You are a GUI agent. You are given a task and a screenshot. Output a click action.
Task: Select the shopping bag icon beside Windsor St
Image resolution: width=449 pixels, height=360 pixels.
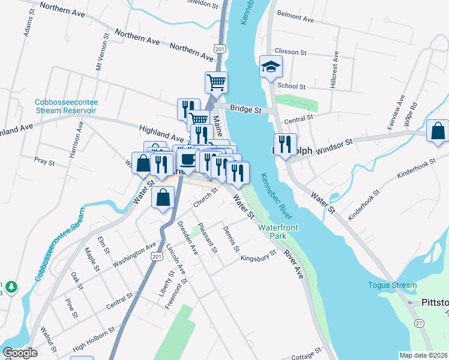pyautogui.click(x=438, y=131)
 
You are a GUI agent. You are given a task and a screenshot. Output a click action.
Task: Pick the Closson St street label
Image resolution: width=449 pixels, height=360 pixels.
pyautogui.click(x=290, y=52)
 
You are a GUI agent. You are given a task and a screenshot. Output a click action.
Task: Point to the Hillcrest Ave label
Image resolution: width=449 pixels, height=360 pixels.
pyautogui.click(x=336, y=70)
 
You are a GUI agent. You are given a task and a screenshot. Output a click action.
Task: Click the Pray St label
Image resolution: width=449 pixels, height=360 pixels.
pyautogui.click(x=44, y=161)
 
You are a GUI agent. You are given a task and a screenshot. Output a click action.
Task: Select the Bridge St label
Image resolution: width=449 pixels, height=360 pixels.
pyautogui.click(x=247, y=110)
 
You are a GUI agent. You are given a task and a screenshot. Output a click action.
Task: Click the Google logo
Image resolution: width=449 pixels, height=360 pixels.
pyautogui.click(x=20, y=353)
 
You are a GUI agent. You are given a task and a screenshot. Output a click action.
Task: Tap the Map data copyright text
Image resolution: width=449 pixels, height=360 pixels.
pyautogui.click(x=423, y=355)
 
